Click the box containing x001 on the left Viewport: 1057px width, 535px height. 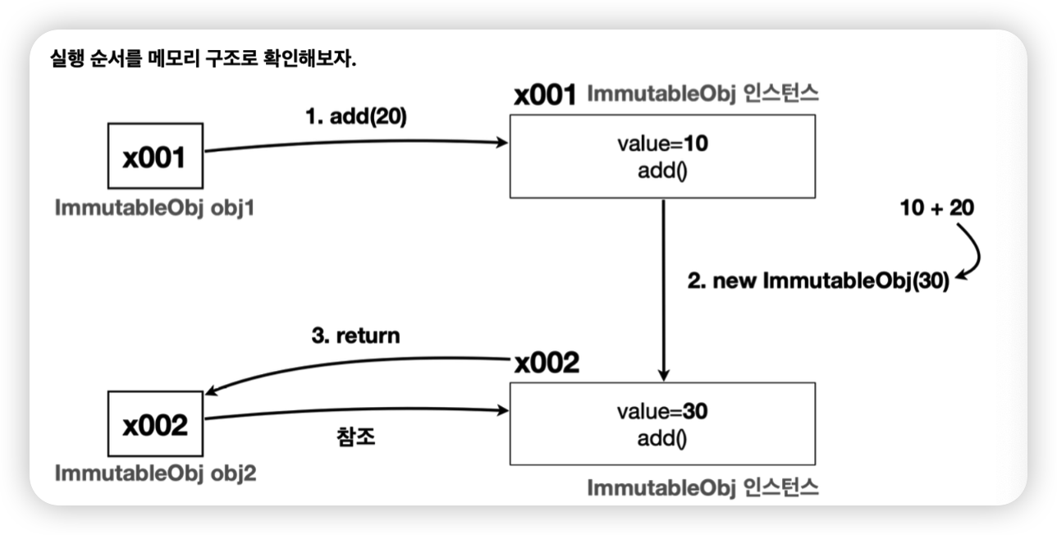[x=154, y=157]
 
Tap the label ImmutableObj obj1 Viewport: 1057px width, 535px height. [x=154, y=208]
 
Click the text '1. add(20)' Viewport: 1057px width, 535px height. [x=356, y=117]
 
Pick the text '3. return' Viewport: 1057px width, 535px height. [x=355, y=336]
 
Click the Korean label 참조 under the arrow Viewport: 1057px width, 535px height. [x=355, y=436]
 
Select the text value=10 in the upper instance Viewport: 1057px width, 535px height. [x=662, y=144]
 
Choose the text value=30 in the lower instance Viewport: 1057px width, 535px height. [x=662, y=413]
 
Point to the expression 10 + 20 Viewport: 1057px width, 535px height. [x=936, y=208]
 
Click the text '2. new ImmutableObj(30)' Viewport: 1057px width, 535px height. [x=817, y=281]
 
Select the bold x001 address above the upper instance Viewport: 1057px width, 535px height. [x=546, y=95]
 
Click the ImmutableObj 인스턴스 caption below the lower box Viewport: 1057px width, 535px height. [x=702, y=487]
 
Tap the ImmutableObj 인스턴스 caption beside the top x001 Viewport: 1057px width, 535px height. [x=702, y=94]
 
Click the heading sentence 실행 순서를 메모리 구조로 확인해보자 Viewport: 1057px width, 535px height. [x=204, y=61]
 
